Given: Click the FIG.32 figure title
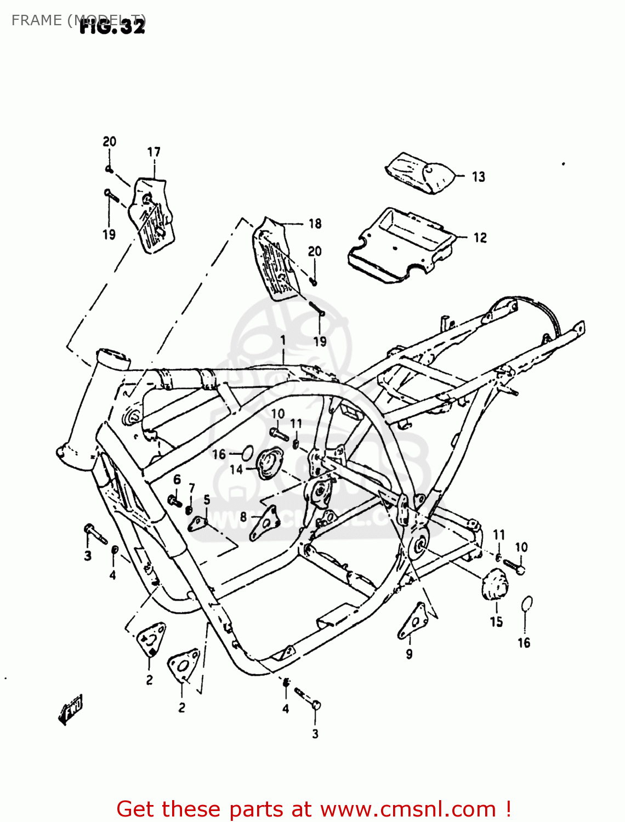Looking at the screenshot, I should pyautogui.click(x=112, y=26).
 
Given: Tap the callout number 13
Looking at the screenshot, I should pyautogui.click(x=479, y=176).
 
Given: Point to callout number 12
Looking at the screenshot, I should pyautogui.click(x=480, y=237).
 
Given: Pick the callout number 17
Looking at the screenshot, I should pyautogui.click(x=154, y=152).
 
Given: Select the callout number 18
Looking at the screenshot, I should pyautogui.click(x=315, y=224).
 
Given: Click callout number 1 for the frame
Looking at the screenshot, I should pyautogui.click(x=283, y=340).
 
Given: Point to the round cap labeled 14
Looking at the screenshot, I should pyautogui.click(x=270, y=464).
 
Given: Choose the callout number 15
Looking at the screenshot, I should pyautogui.click(x=496, y=621).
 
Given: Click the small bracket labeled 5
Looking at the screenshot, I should pyautogui.click(x=198, y=523).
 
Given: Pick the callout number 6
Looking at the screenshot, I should pyautogui.click(x=177, y=480).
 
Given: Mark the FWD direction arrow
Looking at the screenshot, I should pyautogui.click(x=71, y=710).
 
